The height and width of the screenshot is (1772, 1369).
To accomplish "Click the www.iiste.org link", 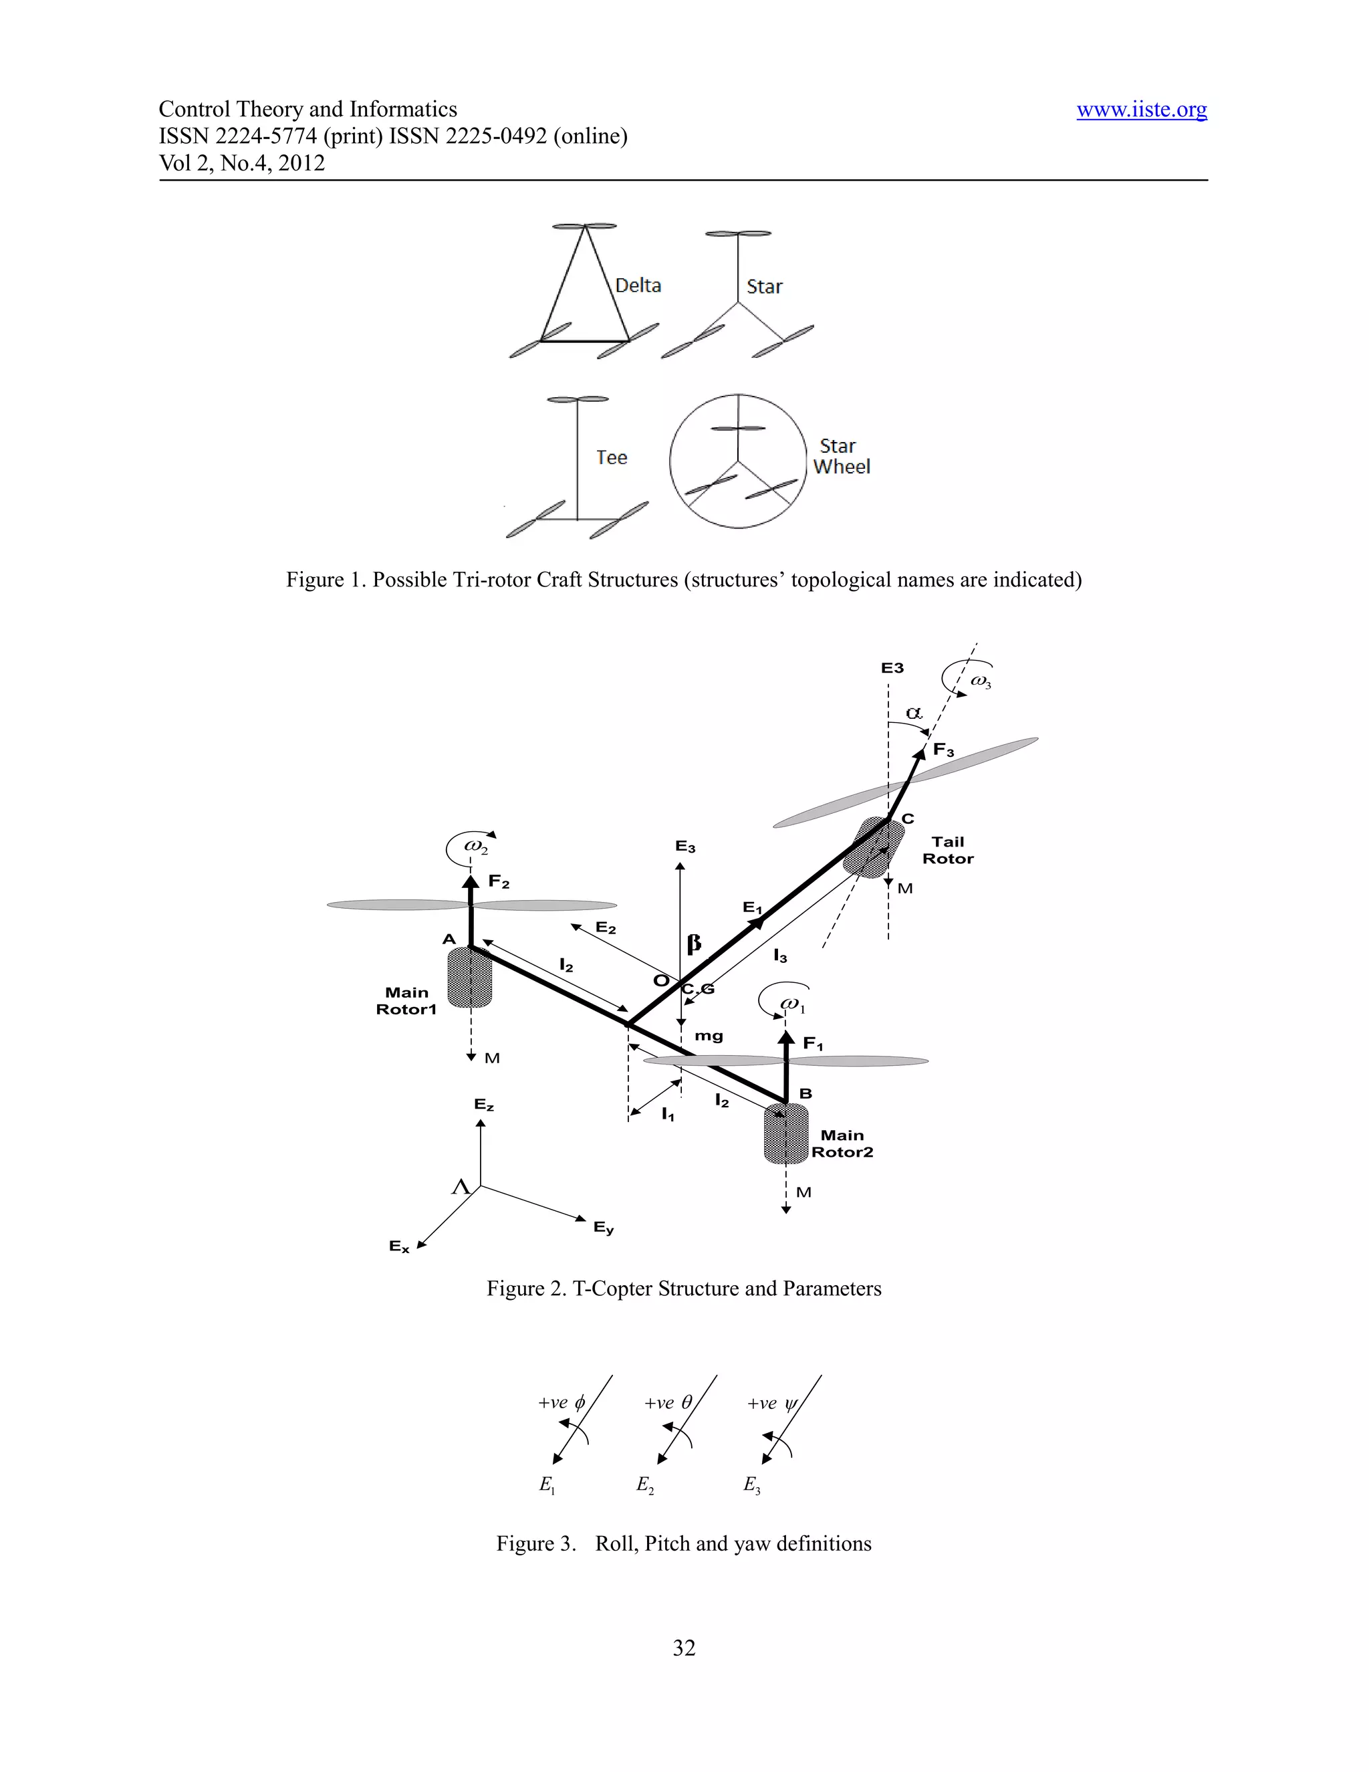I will pos(1141,110).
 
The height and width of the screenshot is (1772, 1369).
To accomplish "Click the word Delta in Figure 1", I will pos(638,286).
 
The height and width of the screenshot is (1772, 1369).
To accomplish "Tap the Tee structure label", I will pos(612,457).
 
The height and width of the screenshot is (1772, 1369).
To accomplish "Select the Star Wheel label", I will pos(841,457).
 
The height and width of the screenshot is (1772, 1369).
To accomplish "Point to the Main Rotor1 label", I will pos(406,1000).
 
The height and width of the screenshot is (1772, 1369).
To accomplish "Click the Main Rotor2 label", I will pos(842,1143).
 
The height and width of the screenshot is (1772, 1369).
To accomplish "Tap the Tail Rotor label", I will pos(947,851).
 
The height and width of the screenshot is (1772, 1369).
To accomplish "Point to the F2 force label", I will pos(499,882).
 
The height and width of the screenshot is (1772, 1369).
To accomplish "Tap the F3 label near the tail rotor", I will pos(943,750).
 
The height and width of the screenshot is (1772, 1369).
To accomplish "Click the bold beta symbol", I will pos(693,944).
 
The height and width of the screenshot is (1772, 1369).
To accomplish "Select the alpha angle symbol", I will pos(914,713).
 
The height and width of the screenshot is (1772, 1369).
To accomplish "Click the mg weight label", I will pos(708,1036).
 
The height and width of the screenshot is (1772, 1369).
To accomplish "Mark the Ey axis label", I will pos(604,1228).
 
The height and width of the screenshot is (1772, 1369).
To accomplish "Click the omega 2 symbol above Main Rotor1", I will pos(476,847).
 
